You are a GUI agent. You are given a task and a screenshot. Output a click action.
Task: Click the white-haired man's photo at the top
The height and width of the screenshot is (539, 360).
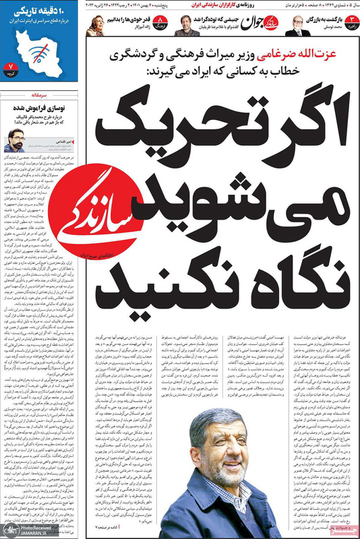click(x=296, y=26)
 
